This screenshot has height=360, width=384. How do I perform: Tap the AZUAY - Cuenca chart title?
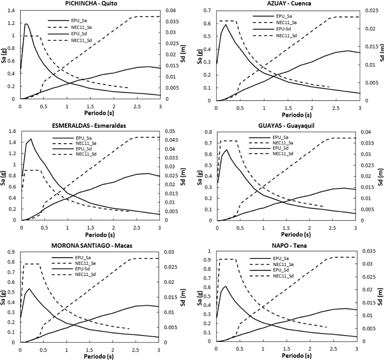pos(284,4)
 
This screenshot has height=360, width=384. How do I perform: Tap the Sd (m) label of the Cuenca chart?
pos(380,56)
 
